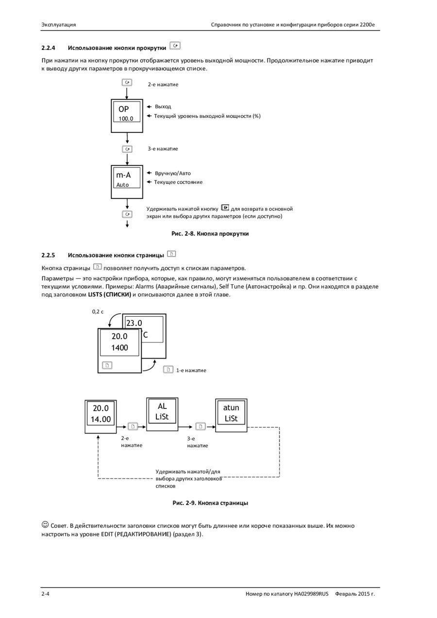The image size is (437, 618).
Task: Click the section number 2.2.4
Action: tap(48, 48)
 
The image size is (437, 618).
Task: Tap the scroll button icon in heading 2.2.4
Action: tap(175, 45)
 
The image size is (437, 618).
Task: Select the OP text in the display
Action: tap(123, 109)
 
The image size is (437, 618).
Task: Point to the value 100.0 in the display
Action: tap(126, 119)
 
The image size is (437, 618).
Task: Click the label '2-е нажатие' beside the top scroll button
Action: tap(163, 85)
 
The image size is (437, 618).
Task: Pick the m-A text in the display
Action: tap(123, 175)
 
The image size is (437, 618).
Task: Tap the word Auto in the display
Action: tap(122, 185)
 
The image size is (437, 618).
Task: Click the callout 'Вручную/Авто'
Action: tap(173, 173)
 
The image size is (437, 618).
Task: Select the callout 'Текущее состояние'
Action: tap(178, 182)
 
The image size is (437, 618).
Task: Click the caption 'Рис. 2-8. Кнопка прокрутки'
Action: tap(210, 234)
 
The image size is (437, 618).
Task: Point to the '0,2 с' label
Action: tap(98, 312)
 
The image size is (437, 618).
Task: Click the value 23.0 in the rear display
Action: tap(134, 323)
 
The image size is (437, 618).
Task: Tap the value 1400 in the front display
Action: tap(119, 348)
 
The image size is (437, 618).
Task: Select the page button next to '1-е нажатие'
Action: tap(168, 370)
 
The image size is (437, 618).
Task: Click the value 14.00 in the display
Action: tap(101, 419)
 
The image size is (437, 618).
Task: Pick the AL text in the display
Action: tap(162, 406)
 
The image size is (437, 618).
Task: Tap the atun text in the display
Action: tap(231, 407)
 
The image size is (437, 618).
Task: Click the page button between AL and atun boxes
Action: tap(200, 426)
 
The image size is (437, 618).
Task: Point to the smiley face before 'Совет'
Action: tap(45, 524)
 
